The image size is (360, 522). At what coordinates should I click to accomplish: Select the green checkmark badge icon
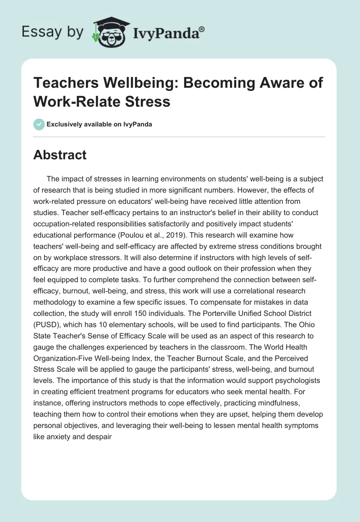[x=39, y=124]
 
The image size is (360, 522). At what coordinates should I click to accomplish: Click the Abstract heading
[x=60, y=155]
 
